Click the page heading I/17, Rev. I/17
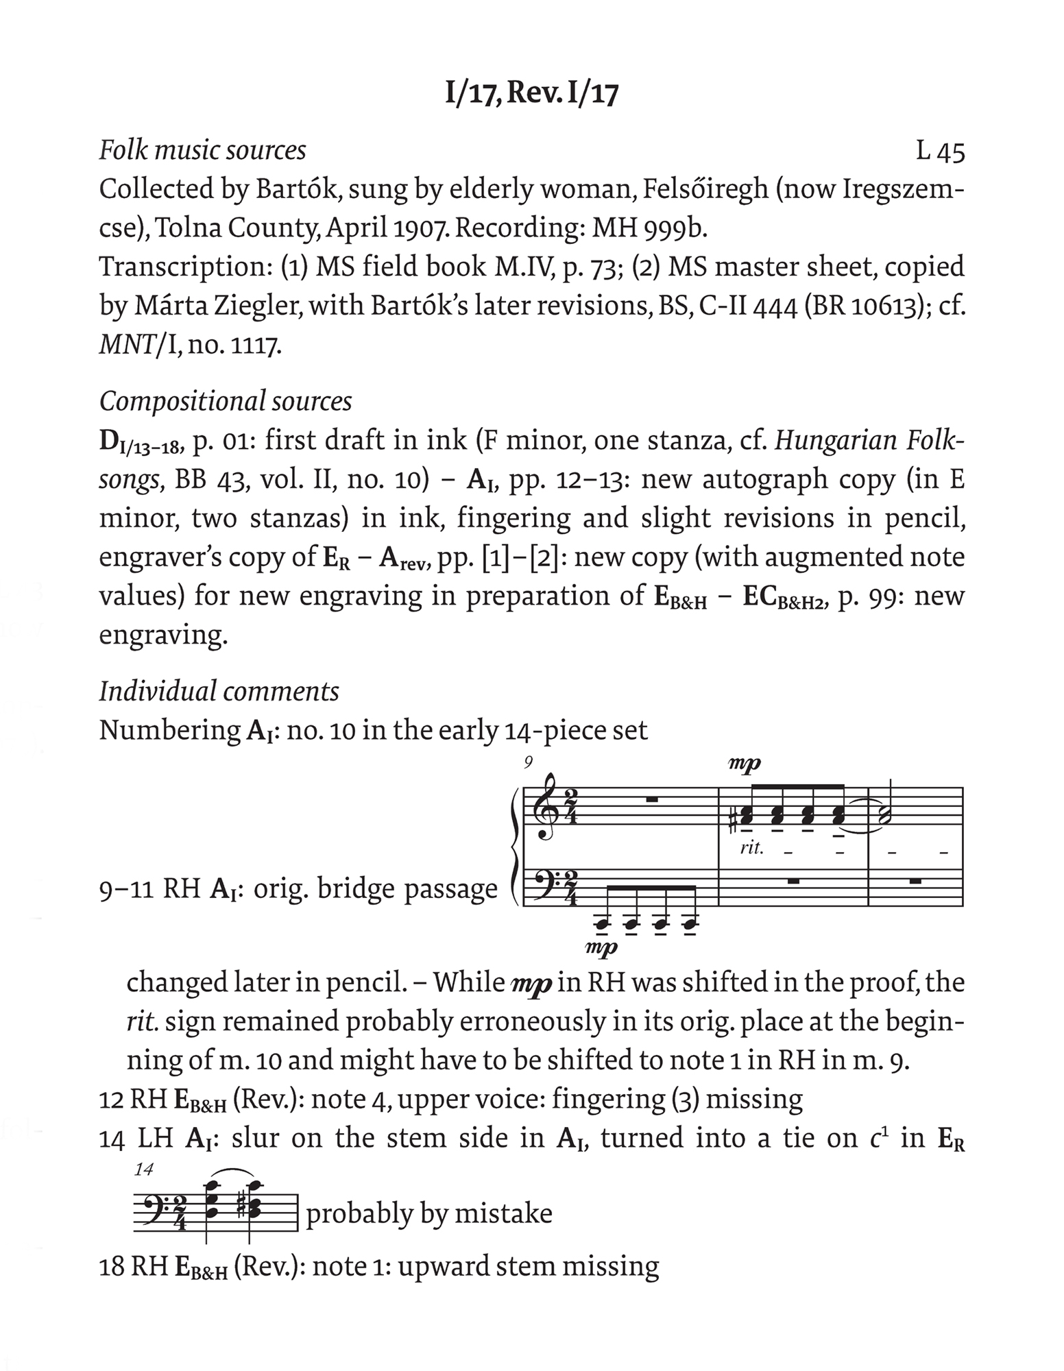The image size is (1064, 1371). pyautogui.click(x=531, y=94)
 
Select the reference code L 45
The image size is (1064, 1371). pyautogui.click(x=940, y=151)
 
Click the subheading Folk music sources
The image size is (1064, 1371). pyautogui.click(x=202, y=150)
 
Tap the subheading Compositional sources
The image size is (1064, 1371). pyautogui.click(x=226, y=401)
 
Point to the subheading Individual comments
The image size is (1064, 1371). pyautogui.click(x=219, y=691)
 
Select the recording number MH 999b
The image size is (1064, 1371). pyautogui.click(x=649, y=228)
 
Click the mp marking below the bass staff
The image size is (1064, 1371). pyautogui.click(x=603, y=948)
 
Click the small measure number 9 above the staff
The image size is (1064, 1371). pyautogui.click(x=528, y=762)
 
